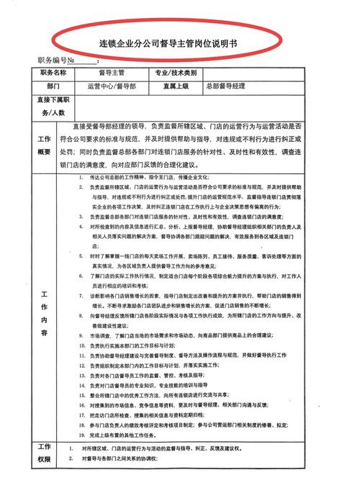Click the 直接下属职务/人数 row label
point(48,106)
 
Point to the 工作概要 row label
point(45,145)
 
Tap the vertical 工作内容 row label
point(45,313)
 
